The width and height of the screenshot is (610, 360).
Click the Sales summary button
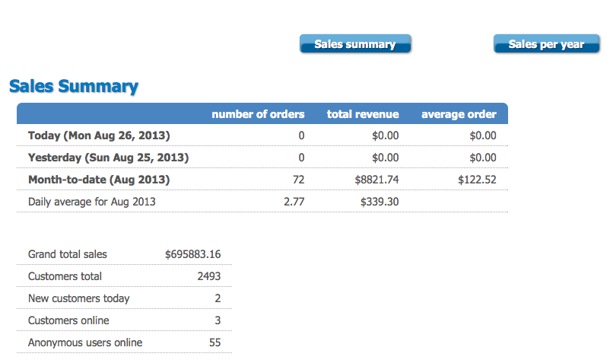point(355,44)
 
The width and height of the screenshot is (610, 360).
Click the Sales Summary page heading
point(74,86)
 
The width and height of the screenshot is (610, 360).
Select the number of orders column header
point(258,114)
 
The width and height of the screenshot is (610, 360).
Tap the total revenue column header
point(363,114)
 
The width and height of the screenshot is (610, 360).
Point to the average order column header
point(459,114)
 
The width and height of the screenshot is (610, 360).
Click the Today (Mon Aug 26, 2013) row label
point(99,135)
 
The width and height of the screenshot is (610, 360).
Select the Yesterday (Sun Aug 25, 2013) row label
point(108,158)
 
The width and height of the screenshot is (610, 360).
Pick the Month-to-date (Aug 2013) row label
point(99,180)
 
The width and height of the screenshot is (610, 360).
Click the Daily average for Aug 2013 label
point(91,202)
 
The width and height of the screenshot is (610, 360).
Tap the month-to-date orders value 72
point(298,180)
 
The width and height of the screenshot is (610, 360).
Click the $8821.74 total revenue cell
point(376,180)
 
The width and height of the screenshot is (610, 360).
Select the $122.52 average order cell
point(477,180)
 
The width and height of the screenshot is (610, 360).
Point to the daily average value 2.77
point(294,202)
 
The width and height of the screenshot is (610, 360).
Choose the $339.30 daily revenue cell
point(380,202)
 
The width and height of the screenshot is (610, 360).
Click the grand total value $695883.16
point(192,254)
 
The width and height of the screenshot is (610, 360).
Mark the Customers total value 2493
point(208,276)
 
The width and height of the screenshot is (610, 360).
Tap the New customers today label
point(78,298)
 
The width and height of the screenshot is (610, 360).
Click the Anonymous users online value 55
point(214,342)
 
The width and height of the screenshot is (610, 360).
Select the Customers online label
point(68,320)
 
